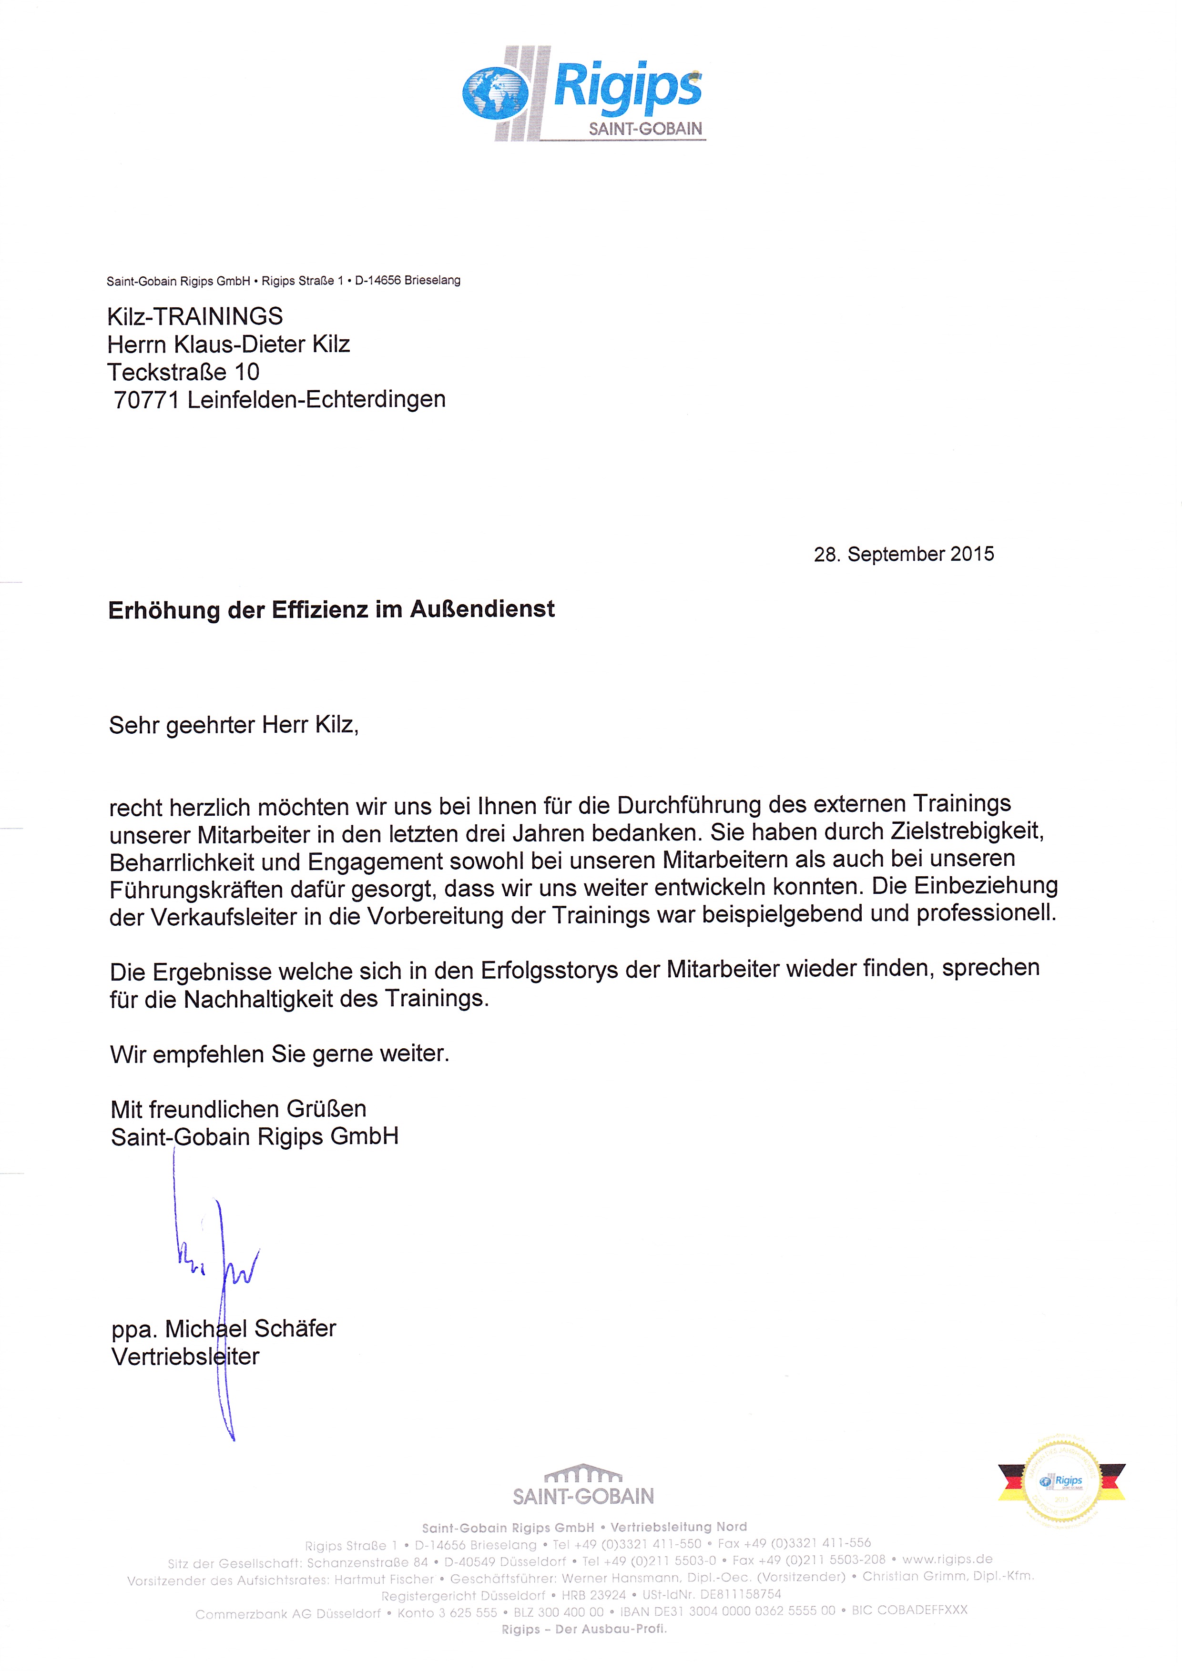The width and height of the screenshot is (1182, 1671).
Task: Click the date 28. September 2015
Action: click(x=903, y=555)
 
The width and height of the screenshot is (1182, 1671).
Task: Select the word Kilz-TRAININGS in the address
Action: click(x=194, y=316)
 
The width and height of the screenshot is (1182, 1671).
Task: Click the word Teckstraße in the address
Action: click(x=167, y=373)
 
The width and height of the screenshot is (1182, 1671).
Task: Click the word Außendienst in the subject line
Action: click(x=482, y=609)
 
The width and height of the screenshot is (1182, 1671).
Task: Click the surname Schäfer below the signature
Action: click(x=294, y=1329)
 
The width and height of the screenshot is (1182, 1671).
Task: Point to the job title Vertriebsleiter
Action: click(x=185, y=1357)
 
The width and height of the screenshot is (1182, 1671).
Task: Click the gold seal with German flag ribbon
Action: click(x=1061, y=1482)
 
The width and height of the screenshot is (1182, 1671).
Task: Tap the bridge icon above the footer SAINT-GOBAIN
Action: click(x=583, y=1474)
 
